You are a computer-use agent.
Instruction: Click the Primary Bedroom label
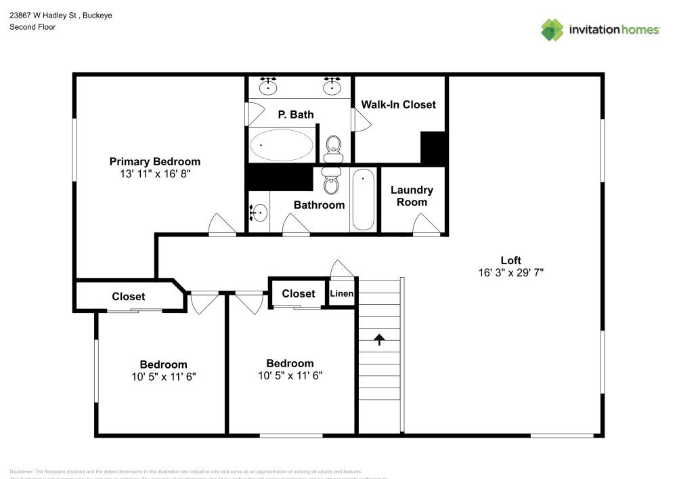click(x=155, y=161)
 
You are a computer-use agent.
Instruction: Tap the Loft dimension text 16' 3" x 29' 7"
click(x=510, y=272)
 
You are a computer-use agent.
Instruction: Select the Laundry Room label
click(x=412, y=196)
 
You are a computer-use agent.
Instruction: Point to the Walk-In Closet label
click(x=398, y=104)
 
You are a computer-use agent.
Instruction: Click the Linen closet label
click(x=342, y=293)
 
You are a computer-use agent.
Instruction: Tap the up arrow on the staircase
click(x=378, y=339)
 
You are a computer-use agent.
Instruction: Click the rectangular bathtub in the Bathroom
click(x=363, y=199)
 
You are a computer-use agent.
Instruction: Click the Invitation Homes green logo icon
click(x=552, y=29)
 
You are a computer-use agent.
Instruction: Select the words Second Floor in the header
click(x=32, y=27)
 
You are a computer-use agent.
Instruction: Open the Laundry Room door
click(x=427, y=224)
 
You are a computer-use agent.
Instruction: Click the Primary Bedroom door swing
click(x=221, y=224)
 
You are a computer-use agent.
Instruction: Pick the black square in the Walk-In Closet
click(x=433, y=147)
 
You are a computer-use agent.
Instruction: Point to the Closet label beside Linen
click(x=298, y=293)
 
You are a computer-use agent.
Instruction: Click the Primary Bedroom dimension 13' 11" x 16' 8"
click(x=155, y=173)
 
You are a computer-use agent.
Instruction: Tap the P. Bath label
click(x=296, y=114)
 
